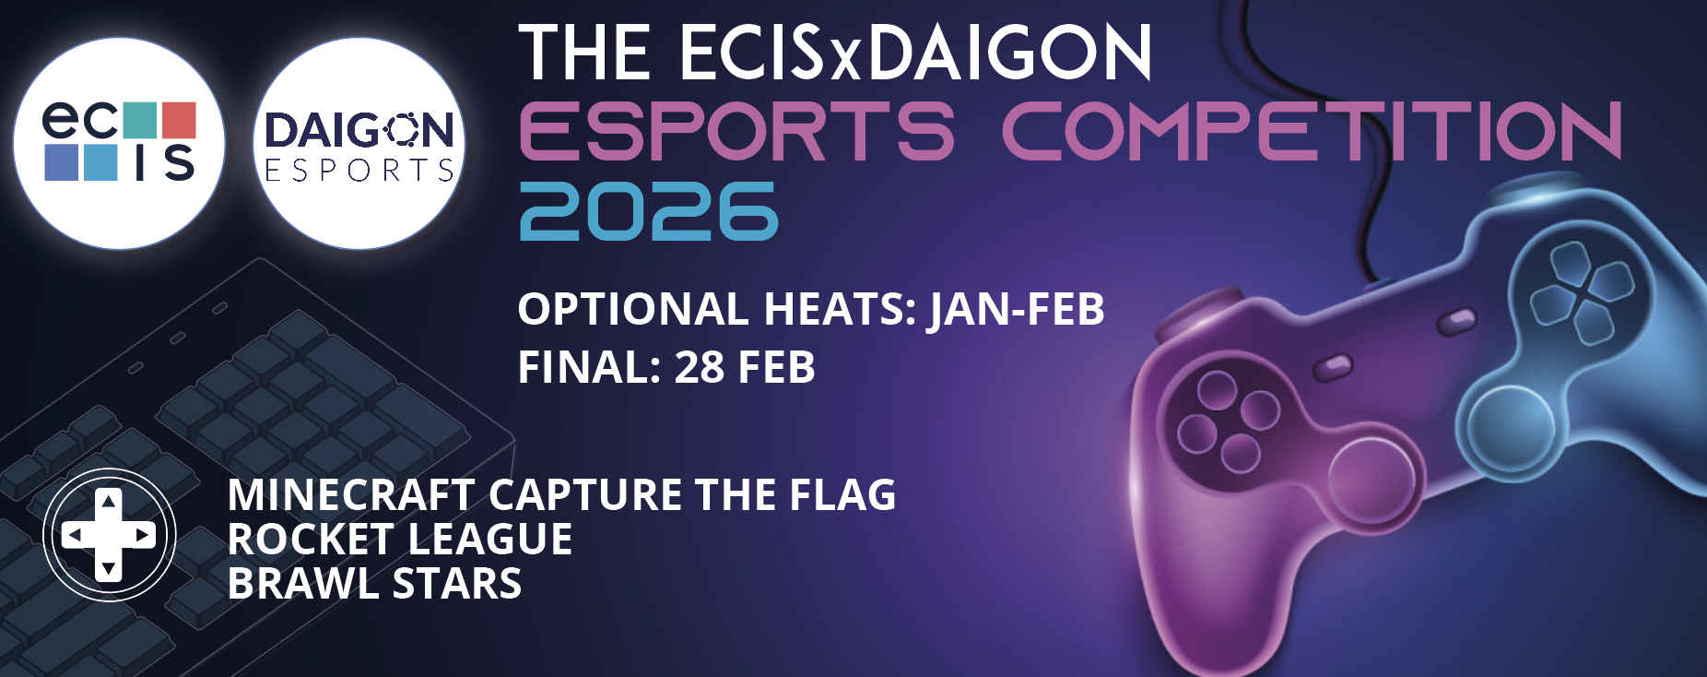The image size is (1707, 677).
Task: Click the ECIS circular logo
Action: coord(120,143)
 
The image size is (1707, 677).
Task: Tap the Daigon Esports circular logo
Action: coord(359,143)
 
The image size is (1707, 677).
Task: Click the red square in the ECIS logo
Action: coord(179,119)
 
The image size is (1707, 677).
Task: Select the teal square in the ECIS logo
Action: coord(139,119)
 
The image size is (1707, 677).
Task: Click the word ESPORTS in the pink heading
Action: coord(736,131)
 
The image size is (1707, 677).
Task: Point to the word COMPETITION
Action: coord(1312,131)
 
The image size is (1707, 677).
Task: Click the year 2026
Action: coord(649,211)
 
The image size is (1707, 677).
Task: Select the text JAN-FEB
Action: coord(1017,310)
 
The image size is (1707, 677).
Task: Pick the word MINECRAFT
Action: coord(351,495)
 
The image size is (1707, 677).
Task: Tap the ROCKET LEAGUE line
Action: coord(400,540)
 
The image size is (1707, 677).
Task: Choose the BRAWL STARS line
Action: coord(375,584)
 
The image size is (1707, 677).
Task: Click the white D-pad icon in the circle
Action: coord(109,535)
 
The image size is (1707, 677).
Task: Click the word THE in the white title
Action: coord(584,53)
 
